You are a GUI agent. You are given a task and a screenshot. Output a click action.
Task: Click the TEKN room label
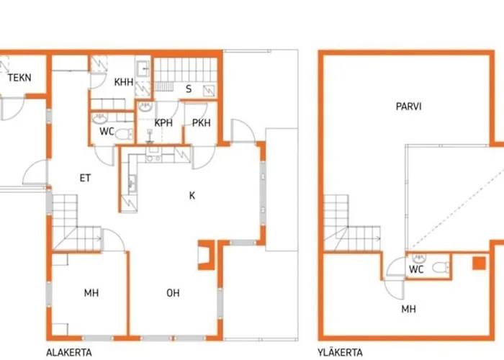tap(19, 78)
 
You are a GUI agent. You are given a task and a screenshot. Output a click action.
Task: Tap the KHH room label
tap(124, 82)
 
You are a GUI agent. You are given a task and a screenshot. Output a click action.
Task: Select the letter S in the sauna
tap(189, 89)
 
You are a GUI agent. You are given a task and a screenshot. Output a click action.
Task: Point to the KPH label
tap(163, 123)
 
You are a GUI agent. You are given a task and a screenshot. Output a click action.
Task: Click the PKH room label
tap(201, 123)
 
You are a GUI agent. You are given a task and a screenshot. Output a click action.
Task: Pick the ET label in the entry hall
tap(85, 178)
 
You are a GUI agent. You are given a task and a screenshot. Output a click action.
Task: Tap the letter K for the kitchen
tap(192, 195)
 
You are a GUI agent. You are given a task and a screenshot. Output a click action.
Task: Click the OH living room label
tap(173, 293)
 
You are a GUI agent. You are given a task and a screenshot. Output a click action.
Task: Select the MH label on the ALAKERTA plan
tap(91, 293)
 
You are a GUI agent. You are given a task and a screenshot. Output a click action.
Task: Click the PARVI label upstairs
tap(408, 107)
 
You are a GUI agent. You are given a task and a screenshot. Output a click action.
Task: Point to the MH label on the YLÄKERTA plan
tap(408, 309)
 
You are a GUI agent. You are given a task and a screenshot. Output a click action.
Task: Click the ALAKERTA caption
tap(69, 352)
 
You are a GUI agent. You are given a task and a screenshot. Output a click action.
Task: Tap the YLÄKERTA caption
tap(340, 352)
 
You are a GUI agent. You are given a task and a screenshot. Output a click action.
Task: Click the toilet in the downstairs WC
tap(124, 134)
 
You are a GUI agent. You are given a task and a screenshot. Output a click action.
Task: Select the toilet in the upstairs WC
tap(441, 267)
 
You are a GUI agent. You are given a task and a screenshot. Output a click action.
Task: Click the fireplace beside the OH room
tap(207, 255)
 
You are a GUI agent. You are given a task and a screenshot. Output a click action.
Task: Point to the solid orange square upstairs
tap(479, 263)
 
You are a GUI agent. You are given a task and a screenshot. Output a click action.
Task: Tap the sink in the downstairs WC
tap(99, 119)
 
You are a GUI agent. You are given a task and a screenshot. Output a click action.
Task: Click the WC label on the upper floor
tap(417, 269)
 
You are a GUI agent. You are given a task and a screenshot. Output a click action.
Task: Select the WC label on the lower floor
tap(107, 132)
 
